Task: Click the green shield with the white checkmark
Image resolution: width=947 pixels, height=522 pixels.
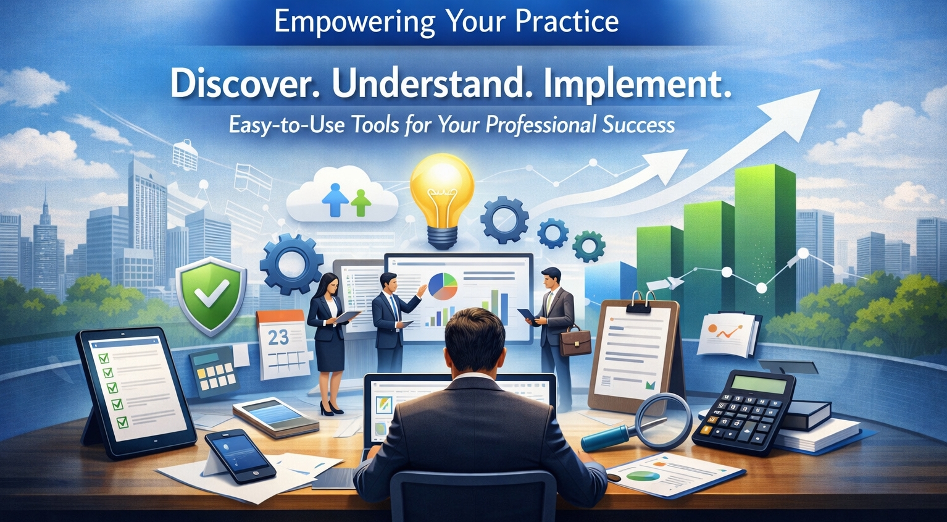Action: (211, 296)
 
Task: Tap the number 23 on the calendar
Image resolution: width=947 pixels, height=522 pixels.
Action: (278, 337)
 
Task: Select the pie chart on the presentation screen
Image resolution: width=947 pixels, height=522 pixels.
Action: (443, 287)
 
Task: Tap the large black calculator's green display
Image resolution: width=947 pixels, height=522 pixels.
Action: (759, 385)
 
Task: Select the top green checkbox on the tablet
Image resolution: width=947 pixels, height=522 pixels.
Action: (104, 358)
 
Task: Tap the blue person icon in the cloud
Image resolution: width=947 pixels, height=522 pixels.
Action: (335, 200)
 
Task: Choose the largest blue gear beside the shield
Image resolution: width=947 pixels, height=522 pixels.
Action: (292, 264)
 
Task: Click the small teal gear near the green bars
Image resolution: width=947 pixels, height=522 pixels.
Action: (588, 246)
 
